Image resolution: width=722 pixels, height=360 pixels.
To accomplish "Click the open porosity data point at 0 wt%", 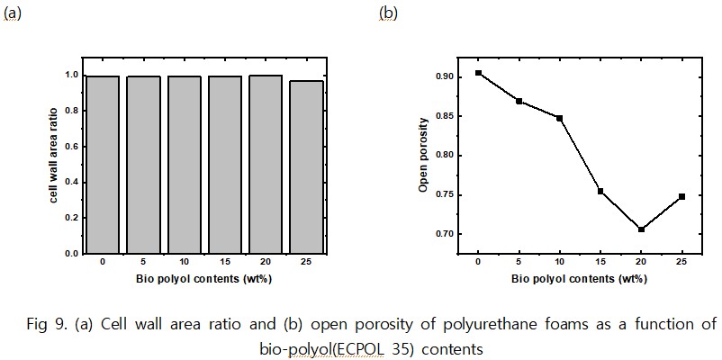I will coord(478,73).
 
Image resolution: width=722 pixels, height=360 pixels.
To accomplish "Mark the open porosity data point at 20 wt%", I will coord(641,229).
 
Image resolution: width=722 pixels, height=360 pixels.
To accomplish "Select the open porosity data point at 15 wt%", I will coord(600,191).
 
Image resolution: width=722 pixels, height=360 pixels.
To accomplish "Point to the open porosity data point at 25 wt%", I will coord(681,196).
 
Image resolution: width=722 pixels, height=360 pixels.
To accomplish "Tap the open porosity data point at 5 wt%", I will coord(519,101).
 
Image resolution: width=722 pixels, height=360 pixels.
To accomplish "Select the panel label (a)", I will coord(13,13).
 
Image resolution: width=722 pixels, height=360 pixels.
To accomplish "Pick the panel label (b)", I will coord(389,13).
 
